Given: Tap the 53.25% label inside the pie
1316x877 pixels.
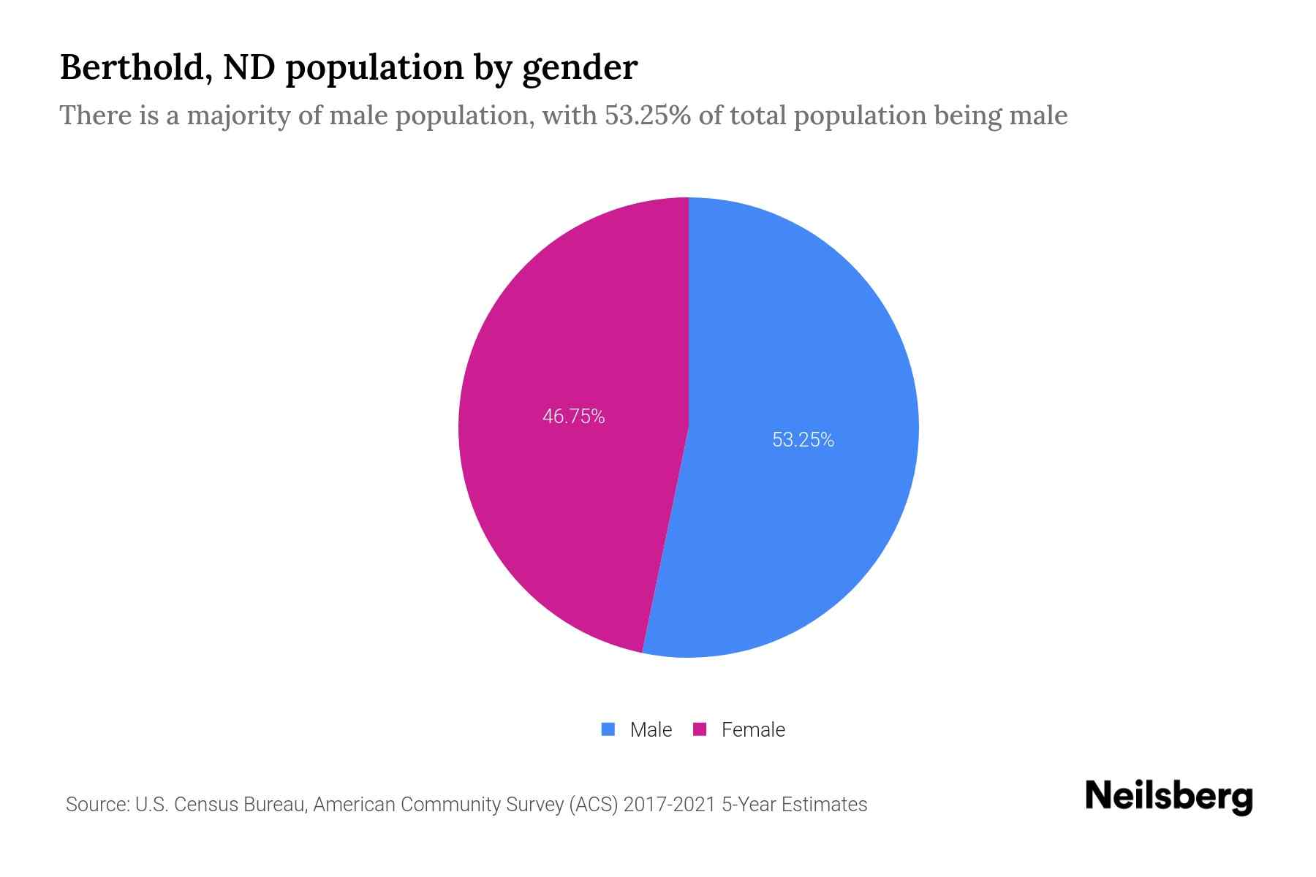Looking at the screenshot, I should click(x=803, y=439).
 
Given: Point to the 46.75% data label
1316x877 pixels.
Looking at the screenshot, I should click(x=573, y=417).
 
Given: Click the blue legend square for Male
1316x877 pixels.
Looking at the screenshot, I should click(x=608, y=729).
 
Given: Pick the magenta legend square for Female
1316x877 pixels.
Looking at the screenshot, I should click(x=700, y=729).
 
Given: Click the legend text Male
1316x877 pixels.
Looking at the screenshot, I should click(x=651, y=729).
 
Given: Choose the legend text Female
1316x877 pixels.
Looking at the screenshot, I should click(x=753, y=729).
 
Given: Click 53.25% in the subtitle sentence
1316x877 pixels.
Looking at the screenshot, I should click(x=647, y=115).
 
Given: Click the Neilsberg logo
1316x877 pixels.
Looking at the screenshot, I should click(x=1168, y=797).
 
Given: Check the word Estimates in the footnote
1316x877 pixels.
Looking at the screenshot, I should click(x=824, y=805).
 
